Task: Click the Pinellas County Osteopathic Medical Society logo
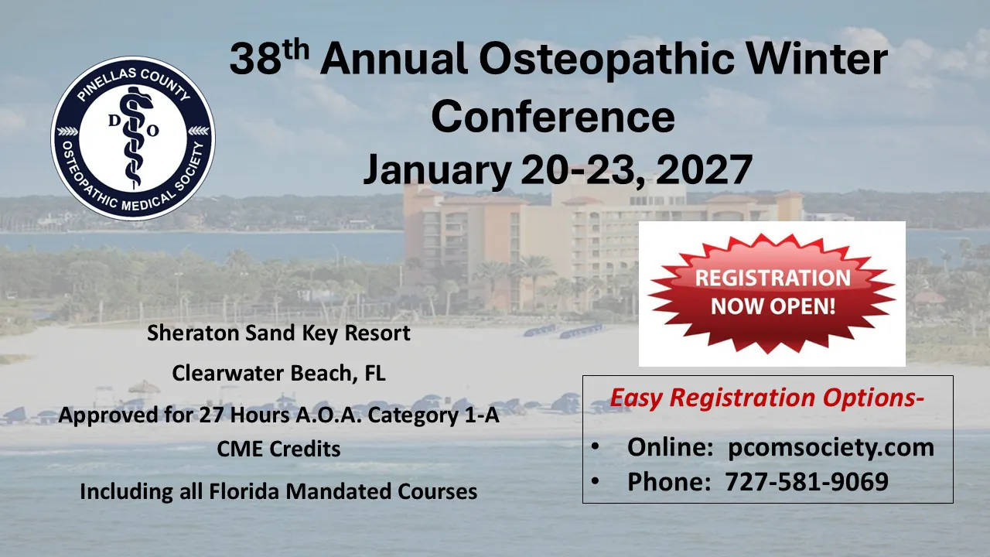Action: tap(133, 138)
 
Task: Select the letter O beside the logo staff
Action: tap(152, 131)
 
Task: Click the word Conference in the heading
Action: tap(553, 116)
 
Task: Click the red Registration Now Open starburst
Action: tap(772, 293)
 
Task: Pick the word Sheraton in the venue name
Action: tap(193, 333)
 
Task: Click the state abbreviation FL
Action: tap(375, 373)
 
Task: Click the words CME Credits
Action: tap(279, 449)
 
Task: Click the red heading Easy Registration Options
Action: tap(766, 398)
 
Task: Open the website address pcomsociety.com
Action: tap(831, 448)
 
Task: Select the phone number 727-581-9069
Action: tap(807, 481)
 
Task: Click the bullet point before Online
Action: tap(596, 446)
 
